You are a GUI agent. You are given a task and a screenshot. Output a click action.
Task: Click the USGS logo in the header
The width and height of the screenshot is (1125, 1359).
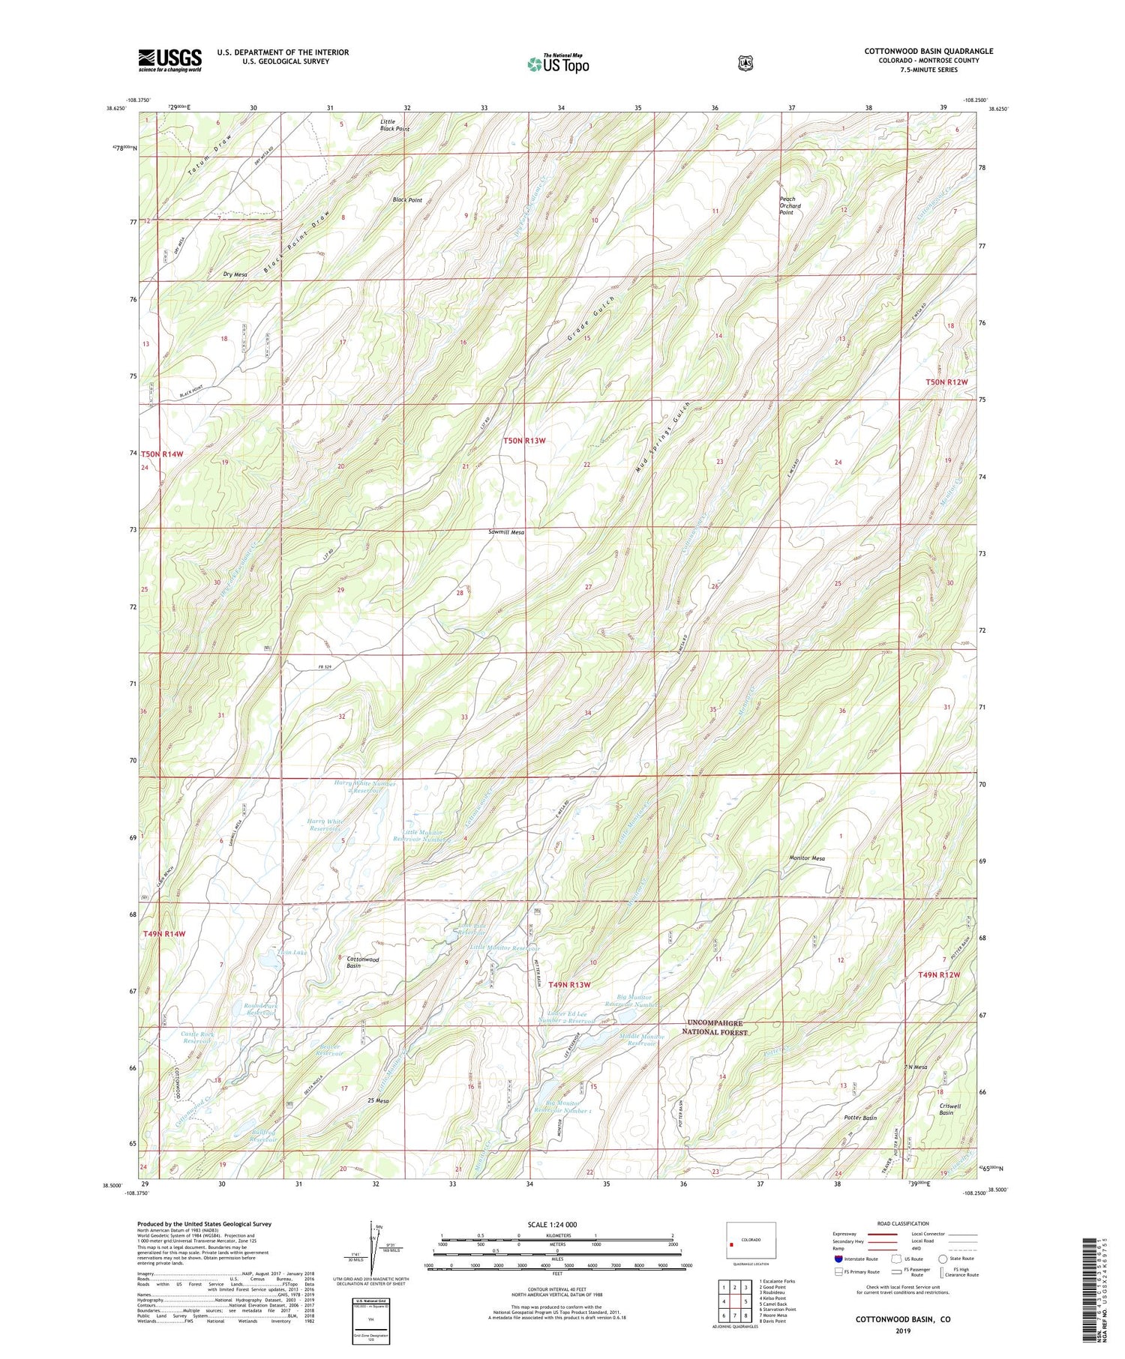(169, 60)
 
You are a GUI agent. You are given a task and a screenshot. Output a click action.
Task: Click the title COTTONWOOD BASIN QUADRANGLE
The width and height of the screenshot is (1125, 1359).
(928, 51)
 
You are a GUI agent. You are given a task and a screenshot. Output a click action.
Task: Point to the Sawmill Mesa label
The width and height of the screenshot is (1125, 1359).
(505, 532)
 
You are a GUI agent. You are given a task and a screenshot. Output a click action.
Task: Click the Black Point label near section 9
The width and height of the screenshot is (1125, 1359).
(407, 200)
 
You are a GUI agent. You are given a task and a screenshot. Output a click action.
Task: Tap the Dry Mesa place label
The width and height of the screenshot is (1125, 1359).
(235, 274)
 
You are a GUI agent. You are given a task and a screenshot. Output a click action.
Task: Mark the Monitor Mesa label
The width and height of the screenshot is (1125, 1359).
(806, 858)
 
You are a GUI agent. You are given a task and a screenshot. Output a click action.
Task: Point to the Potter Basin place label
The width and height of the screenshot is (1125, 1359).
(859, 1118)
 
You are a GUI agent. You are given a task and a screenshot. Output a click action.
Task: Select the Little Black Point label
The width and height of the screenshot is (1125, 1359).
(394, 125)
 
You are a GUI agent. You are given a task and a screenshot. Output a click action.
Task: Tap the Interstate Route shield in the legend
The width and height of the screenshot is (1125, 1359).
(838, 1259)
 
